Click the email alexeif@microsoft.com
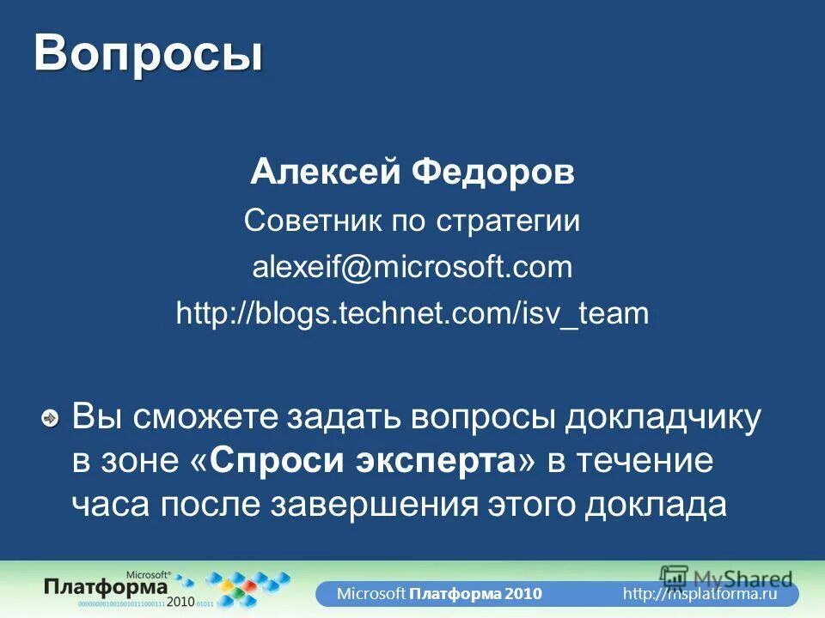pos(412,267)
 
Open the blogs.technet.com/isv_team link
pos(412,313)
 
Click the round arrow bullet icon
pos(52,419)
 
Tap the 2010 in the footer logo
pos(180,601)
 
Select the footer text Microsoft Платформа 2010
pos(438,594)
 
